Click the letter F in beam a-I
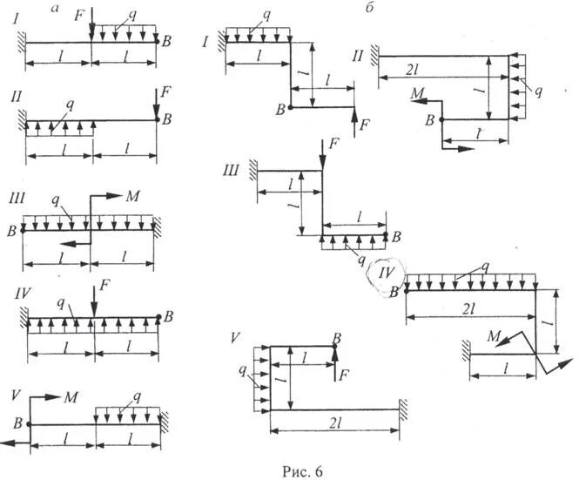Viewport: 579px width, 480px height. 80,15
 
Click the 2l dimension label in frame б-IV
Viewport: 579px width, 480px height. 468,308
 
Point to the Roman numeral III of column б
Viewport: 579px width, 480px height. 232,171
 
